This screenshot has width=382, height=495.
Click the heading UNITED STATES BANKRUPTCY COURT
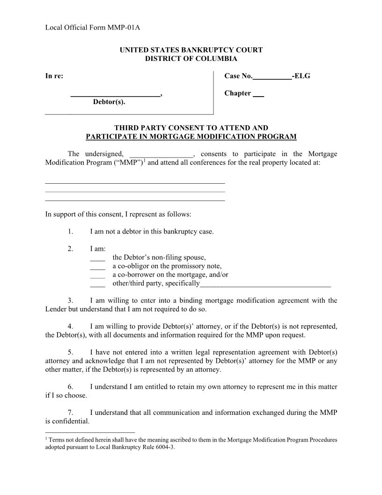point(191,50)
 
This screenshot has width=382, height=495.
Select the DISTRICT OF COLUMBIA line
point(191,59)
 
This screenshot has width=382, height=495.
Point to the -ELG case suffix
point(301,76)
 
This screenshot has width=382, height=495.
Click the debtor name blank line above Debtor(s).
point(115,95)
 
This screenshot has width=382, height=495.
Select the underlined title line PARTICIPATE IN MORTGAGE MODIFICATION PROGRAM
point(191,137)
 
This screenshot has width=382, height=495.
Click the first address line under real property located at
point(135,182)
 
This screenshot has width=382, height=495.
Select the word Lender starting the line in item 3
point(56,309)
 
